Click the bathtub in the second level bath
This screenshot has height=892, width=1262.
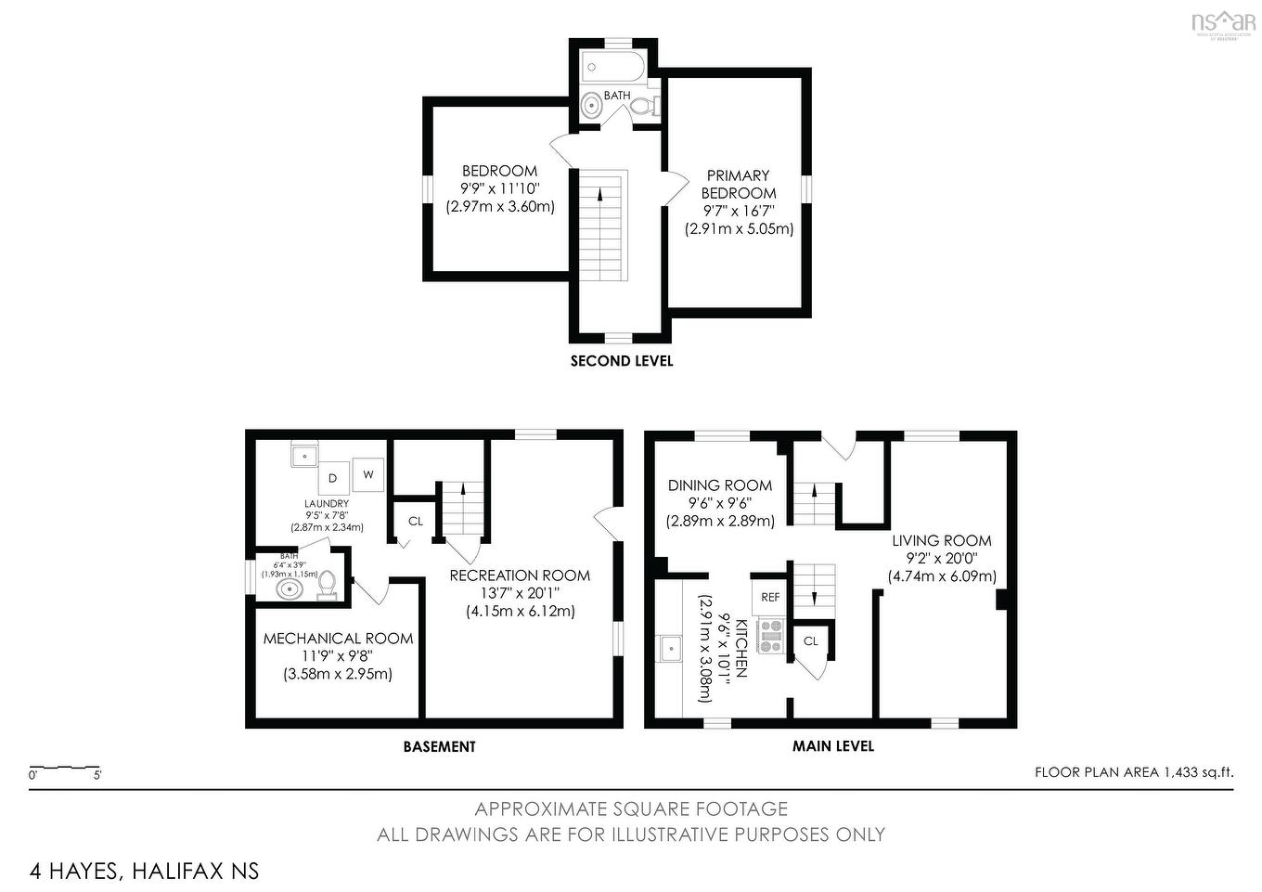(x=612, y=67)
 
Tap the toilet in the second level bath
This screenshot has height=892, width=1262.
(x=642, y=107)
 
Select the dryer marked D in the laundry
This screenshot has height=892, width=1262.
(x=332, y=478)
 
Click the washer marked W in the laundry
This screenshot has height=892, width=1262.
(x=368, y=474)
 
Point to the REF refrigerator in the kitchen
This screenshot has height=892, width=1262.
(x=770, y=597)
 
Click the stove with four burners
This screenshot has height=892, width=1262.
(x=771, y=636)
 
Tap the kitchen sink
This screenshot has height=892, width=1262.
(x=670, y=647)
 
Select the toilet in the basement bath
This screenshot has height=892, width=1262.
(x=327, y=585)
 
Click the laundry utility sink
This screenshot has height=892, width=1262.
(x=304, y=455)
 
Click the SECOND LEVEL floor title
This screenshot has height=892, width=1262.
(x=621, y=361)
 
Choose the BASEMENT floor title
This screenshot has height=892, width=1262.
(x=439, y=746)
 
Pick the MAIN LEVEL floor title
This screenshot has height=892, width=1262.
(x=832, y=745)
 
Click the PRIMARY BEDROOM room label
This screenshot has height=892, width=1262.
(x=739, y=184)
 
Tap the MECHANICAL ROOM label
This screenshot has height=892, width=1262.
(x=338, y=639)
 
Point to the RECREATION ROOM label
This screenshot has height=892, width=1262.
(x=520, y=575)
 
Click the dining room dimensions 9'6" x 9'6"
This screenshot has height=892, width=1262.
(x=719, y=503)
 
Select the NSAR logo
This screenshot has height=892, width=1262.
(x=1223, y=22)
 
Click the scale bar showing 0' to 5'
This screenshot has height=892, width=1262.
(x=65, y=769)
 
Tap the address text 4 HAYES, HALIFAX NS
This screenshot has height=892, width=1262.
(x=144, y=871)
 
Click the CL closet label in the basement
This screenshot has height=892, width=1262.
(x=415, y=521)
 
